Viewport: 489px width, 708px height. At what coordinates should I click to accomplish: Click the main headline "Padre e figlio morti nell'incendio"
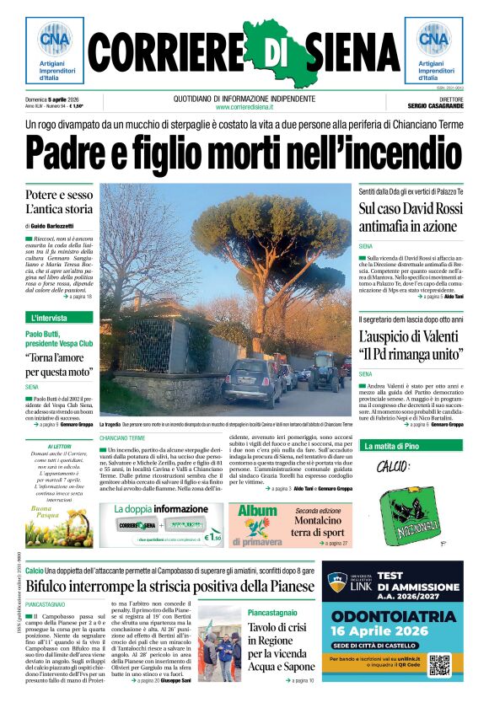[x=244, y=155]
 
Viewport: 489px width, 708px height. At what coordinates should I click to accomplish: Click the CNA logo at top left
[x=54, y=40]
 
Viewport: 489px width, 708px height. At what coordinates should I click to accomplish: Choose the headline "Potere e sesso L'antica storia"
[x=58, y=202]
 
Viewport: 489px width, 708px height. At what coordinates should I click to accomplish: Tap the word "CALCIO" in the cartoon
[x=392, y=466]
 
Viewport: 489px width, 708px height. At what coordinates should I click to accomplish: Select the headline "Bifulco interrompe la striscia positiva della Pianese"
[x=169, y=586]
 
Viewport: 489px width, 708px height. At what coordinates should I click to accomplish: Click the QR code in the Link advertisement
[x=440, y=665]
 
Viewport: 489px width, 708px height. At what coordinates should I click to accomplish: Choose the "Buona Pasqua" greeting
[x=47, y=513]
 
